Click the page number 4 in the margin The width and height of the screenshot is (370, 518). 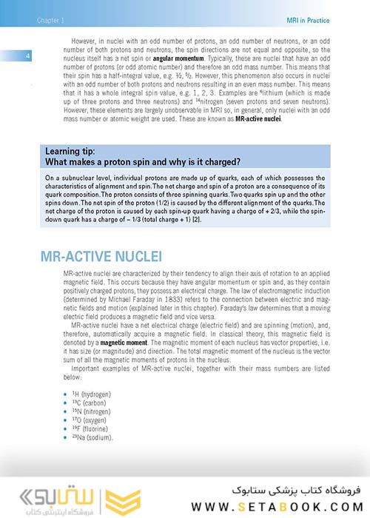tap(27, 57)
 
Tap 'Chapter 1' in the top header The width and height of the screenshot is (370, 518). tap(51, 20)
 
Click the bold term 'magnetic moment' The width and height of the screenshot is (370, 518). tap(124, 343)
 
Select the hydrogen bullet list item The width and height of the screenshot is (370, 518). tap(84, 395)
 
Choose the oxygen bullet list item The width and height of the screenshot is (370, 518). tap(81, 420)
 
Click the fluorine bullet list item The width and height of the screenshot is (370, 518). tap(81, 429)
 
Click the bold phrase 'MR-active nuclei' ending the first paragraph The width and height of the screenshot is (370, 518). tap(258, 118)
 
